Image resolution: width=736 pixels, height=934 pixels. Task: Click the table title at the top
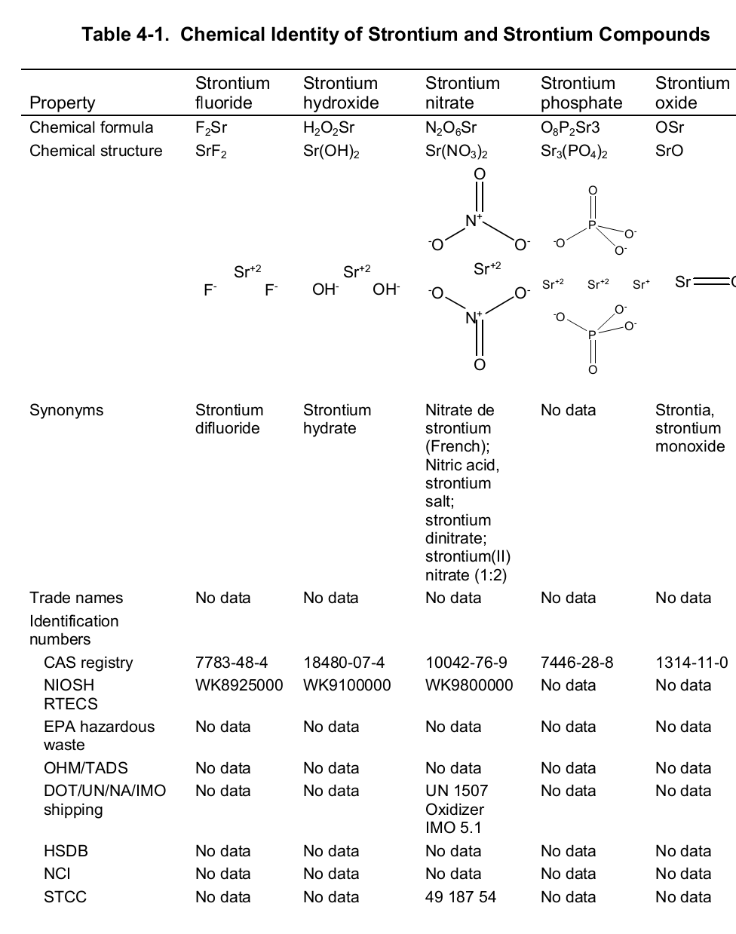click(x=395, y=35)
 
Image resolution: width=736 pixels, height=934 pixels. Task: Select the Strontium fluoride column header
click(x=232, y=93)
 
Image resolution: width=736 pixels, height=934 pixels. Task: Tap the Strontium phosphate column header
click(x=581, y=93)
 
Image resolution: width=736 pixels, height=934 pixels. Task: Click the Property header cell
click(x=63, y=103)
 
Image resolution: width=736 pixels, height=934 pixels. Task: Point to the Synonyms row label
click(x=66, y=410)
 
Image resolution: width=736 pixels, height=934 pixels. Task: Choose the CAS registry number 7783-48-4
click(x=232, y=663)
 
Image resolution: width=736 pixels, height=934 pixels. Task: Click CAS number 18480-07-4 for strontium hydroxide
click(x=344, y=663)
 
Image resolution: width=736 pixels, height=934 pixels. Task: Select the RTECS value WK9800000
click(x=469, y=685)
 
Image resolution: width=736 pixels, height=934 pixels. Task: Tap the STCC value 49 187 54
click(x=461, y=897)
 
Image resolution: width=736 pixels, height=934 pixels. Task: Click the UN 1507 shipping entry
click(x=456, y=791)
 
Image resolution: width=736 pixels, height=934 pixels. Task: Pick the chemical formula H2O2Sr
click(x=329, y=127)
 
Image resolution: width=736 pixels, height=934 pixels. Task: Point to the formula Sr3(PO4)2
click(x=574, y=152)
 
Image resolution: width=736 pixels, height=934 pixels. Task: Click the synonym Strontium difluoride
click(x=229, y=419)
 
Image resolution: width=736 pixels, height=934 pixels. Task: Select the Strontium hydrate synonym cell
click(x=337, y=419)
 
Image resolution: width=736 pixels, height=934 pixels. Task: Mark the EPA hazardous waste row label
click(x=99, y=736)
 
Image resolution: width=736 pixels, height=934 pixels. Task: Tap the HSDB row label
click(x=66, y=851)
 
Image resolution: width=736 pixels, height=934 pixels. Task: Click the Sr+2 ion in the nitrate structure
click(x=487, y=268)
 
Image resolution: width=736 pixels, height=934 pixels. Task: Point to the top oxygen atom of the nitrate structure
click(x=479, y=174)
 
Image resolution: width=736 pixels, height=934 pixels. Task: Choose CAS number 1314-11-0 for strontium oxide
click(x=692, y=663)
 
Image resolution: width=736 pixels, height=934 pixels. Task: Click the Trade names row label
click(x=76, y=598)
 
